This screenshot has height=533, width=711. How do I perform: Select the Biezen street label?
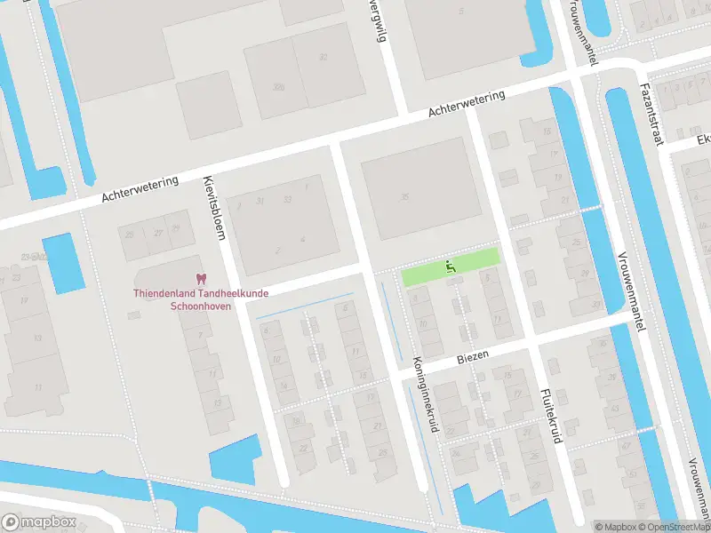coord(474,354)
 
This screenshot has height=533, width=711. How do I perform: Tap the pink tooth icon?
coord(200,278)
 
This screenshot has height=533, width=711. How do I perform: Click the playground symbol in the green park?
coord(451,266)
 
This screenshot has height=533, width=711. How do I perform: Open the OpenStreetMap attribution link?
coord(673,527)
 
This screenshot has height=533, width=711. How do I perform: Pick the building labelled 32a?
coord(278,86)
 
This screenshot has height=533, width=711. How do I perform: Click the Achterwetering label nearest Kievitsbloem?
coord(140,187)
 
